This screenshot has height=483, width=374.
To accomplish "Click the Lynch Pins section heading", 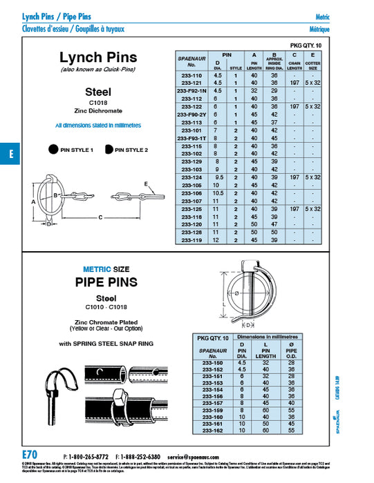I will (98, 57).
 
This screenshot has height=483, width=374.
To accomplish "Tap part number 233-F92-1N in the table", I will (191, 90).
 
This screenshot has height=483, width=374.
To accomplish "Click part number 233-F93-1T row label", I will (191, 137).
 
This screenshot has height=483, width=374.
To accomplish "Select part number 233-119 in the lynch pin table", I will (191, 239).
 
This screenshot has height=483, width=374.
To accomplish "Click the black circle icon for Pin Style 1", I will (52, 149).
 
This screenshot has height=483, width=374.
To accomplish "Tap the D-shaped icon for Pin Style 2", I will (109, 149).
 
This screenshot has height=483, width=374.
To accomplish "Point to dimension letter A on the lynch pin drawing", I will (32, 201).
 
